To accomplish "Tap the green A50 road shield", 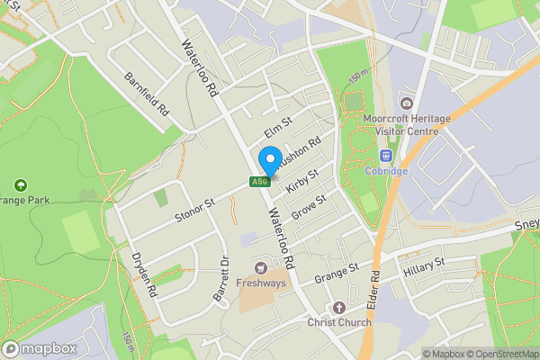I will pos(259,182).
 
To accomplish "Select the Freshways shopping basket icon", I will pos(262,266).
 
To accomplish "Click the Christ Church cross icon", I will pos(339,307).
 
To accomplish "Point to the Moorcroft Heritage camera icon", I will pos(407,103).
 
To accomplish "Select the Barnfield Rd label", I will pos(148,98).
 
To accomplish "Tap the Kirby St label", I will pos(302,180).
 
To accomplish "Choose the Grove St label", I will pos(308,202).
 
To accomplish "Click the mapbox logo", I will pos(40,348).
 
